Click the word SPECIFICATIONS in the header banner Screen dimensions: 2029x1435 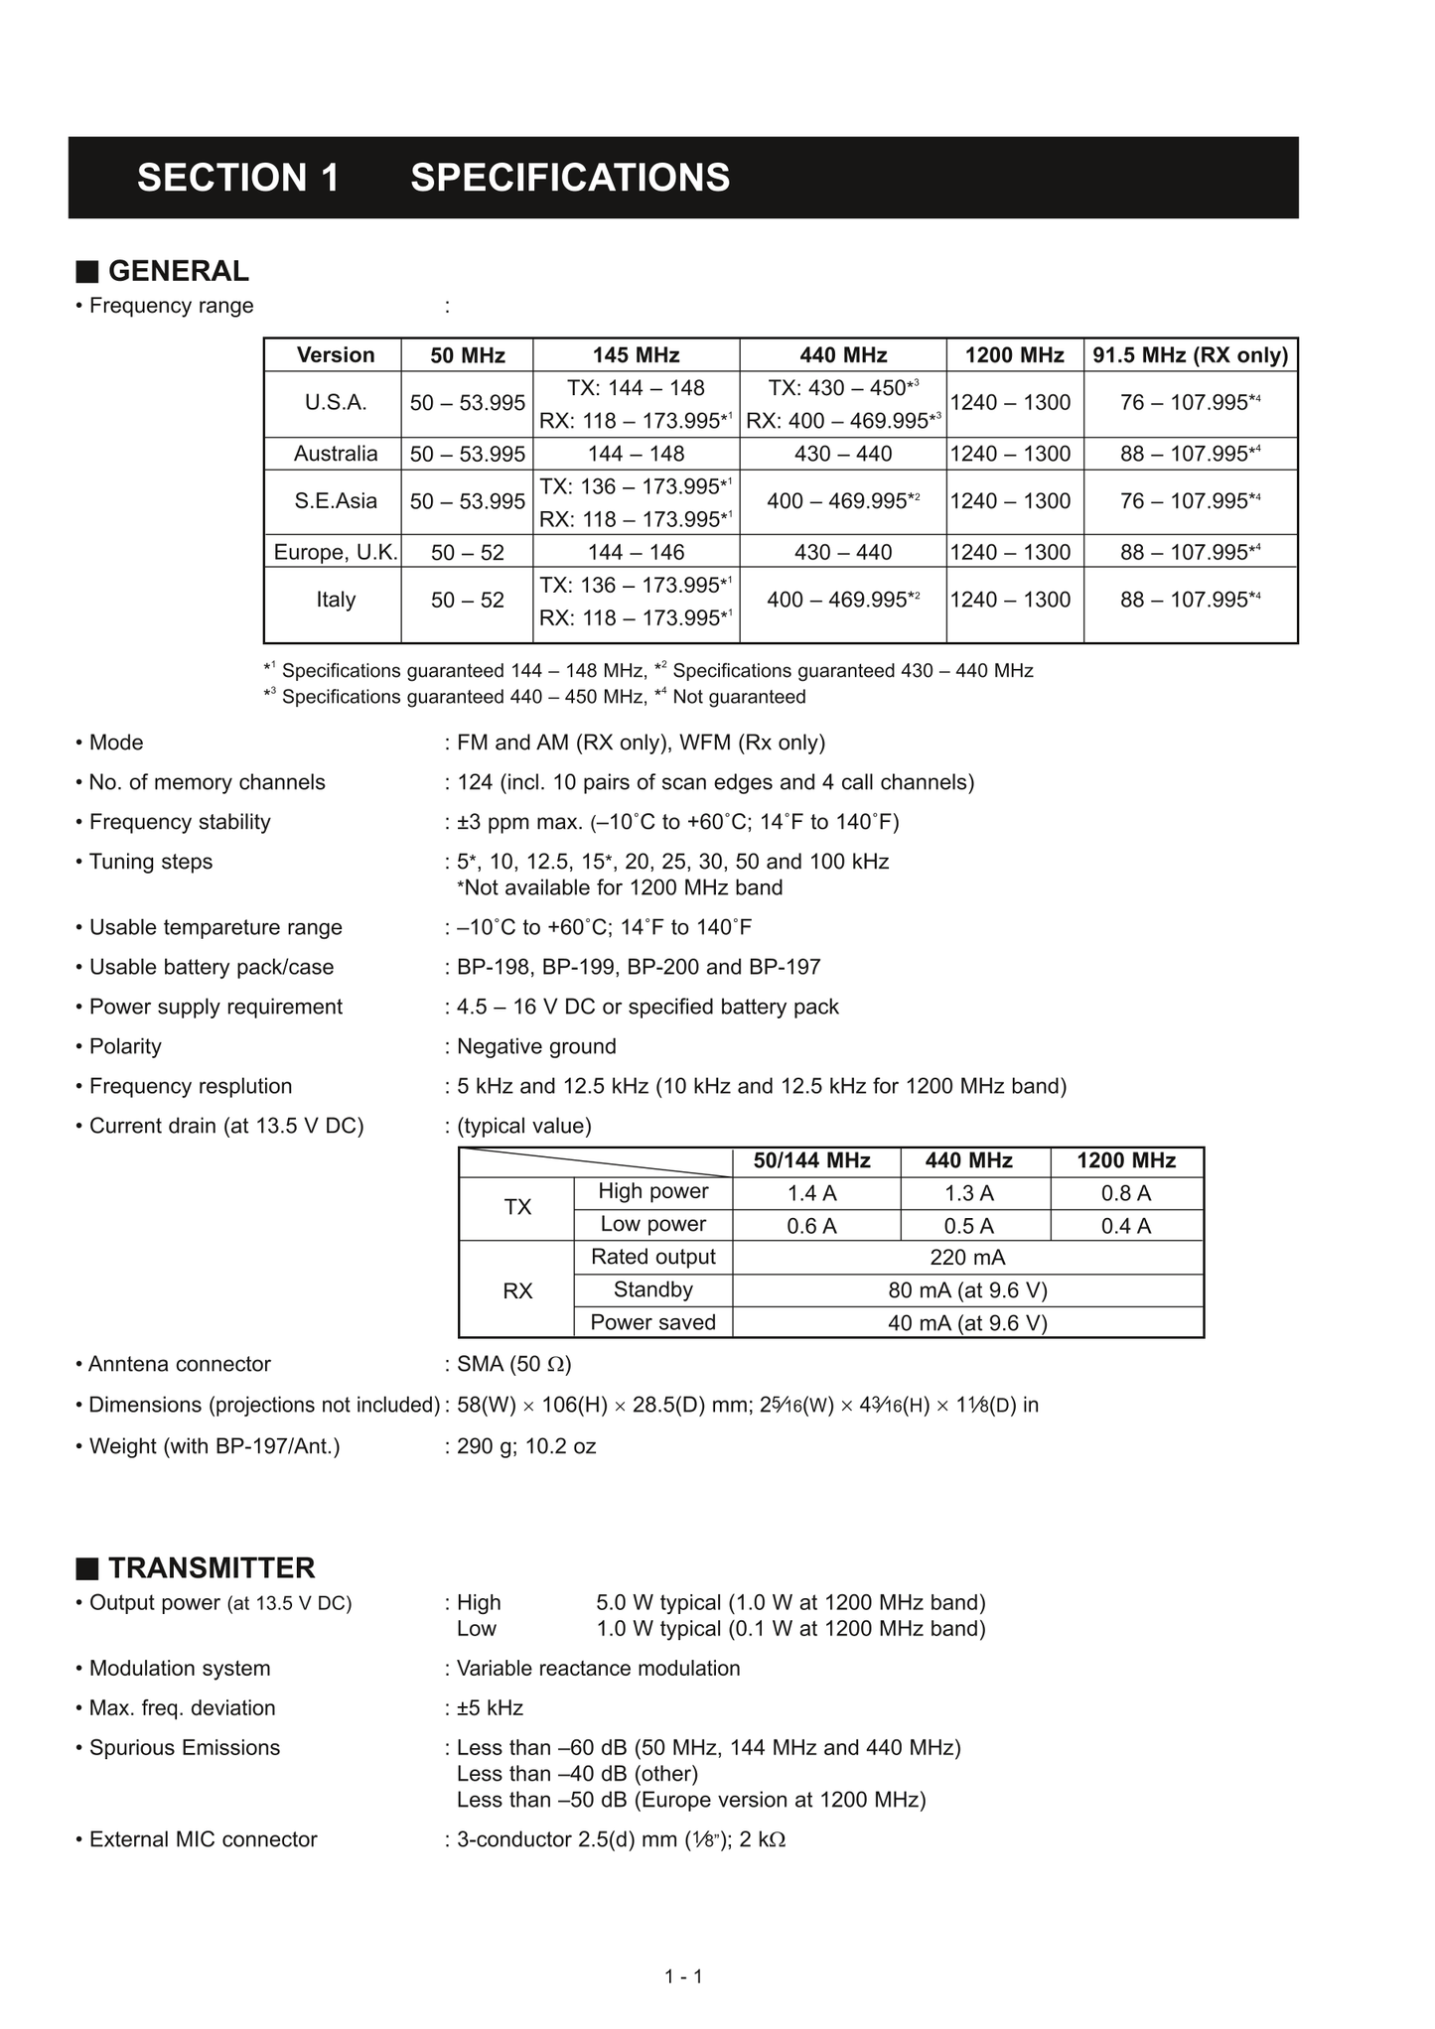570,178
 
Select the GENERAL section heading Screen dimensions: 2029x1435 178,271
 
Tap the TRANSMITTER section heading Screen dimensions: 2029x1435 211,1567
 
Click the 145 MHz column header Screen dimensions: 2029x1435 636,355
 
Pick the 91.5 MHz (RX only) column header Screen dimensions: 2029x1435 1190,355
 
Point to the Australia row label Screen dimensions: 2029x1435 336,454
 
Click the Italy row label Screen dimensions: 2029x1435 336,600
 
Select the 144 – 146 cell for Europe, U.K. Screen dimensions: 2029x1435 636,552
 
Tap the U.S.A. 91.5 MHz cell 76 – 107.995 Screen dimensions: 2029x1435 1190,403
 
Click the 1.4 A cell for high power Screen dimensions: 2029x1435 811,1193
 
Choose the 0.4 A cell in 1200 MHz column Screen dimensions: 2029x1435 1126,1226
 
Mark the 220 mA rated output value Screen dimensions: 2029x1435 967,1258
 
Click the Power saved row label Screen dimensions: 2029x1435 652,1322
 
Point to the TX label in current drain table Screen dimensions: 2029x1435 517,1207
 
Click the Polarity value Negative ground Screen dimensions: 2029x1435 536,1046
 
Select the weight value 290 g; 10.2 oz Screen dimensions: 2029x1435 526,1446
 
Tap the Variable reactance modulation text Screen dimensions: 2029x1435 598,1668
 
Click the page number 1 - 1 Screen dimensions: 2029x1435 683,1976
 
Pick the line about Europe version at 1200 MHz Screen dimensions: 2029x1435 691,1800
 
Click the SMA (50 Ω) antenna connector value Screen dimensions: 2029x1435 513,1364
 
